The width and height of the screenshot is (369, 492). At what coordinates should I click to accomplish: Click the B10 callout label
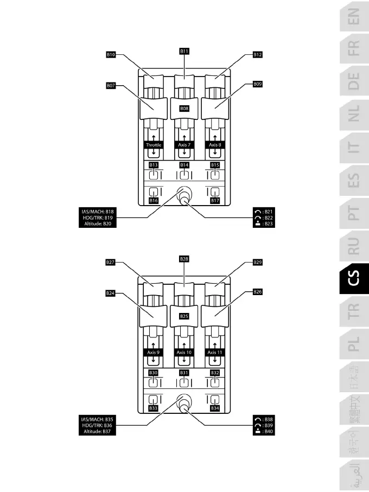coord(111,55)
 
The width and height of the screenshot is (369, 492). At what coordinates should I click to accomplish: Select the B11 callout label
coord(184,51)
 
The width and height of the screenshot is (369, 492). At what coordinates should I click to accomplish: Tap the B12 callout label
coord(258,55)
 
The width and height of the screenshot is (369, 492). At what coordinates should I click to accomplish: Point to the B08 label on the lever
coord(184,108)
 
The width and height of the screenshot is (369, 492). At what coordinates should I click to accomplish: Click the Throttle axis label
coord(154,145)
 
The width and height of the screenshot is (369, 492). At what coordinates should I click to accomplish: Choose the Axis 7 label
coord(184,145)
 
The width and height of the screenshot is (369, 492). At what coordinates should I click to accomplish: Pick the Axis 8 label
coord(215,145)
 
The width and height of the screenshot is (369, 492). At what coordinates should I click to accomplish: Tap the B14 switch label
coord(184,165)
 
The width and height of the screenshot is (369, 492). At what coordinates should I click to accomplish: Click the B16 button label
coord(154,201)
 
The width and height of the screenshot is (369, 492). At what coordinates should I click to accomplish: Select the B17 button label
coord(215,201)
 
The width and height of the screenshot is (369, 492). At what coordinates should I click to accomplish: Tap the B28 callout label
coord(184,259)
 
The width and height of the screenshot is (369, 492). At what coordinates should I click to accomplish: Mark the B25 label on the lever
coord(184,316)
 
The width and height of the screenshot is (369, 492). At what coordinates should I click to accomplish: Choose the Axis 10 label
coord(184,353)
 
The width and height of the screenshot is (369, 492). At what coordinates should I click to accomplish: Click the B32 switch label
coord(215,373)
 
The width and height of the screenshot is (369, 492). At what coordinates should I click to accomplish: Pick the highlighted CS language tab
coord(354,280)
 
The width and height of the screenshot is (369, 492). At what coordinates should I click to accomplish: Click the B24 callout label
coord(111,293)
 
